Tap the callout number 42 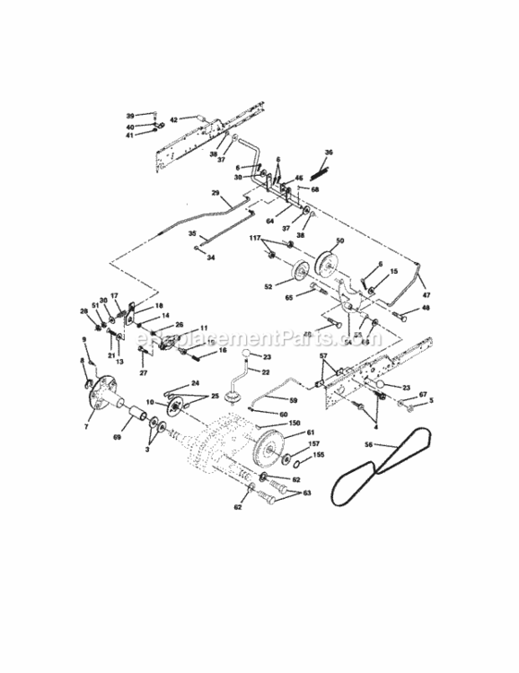(174, 118)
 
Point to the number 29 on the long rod (216, 193)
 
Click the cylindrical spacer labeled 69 (139, 417)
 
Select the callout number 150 (295, 422)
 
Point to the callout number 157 (314, 443)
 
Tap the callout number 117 (255, 239)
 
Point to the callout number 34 (210, 257)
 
